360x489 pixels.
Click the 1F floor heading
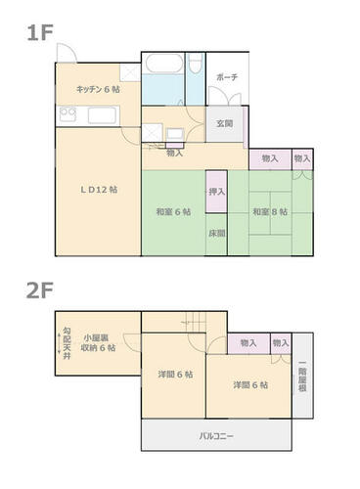tap(40, 33)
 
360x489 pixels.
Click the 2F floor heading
tap(40, 290)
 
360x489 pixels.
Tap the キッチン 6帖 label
tap(98, 89)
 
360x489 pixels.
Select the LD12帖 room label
tap(99, 190)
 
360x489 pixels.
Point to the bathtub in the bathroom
tap(164, 64)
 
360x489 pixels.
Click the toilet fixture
tap(196, 64)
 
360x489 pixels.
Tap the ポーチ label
tap(227, 77)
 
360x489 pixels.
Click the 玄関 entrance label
tap(225, 123)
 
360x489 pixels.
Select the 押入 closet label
tap(216, 192)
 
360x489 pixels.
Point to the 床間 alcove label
tap(217, 234)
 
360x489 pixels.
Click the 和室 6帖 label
tap(173, 212)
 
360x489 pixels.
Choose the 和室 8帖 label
tap(270, 212)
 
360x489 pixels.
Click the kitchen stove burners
tap(68, 114)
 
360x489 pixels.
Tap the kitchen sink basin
tap(102, 115)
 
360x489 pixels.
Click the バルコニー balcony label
tap(216, 436)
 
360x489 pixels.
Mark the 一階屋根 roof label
tap(302, 376)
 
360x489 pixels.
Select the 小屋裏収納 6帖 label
tap(98, 342)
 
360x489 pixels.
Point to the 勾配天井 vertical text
tap(67, 343)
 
